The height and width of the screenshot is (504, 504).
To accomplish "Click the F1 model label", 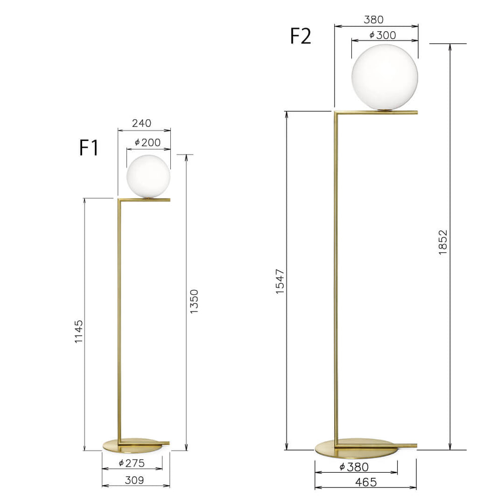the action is point(89,148).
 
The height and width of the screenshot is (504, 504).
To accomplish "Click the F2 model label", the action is point(300,36).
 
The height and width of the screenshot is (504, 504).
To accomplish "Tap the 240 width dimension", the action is point(142,123).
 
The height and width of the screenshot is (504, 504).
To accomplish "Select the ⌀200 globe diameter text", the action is point(148,143).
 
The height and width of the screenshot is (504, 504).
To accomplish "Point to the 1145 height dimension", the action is point(79,332).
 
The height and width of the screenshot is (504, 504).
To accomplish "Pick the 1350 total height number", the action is point(194,301).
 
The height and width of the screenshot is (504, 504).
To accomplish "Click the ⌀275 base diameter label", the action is point(132,463).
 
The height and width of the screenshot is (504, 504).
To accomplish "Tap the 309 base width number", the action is point(134,480).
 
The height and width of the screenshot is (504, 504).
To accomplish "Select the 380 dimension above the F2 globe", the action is point(373,20).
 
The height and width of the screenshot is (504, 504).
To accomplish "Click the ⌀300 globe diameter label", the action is point(383,35).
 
